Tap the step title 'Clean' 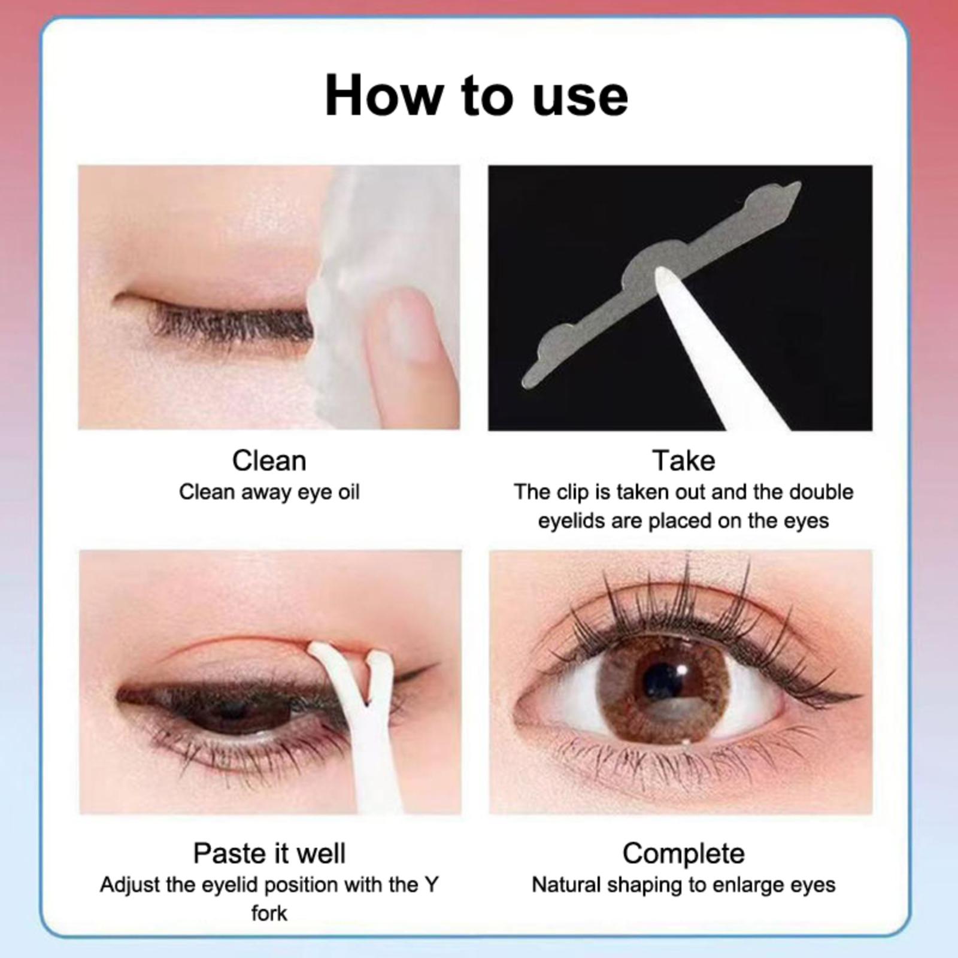tap(269, 461)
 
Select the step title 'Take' tap(683, 461)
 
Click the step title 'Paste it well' tap(269, 854)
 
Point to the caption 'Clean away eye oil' tap(269, 492)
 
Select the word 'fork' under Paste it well tap(269, 914)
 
